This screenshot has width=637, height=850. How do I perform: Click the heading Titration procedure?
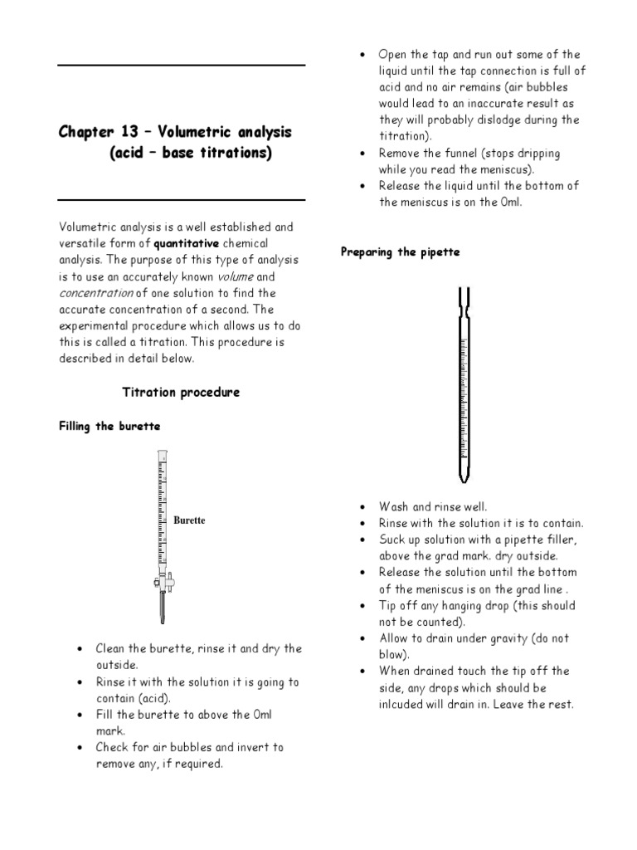pos(181,392)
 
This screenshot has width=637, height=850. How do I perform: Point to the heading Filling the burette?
pos(109,426)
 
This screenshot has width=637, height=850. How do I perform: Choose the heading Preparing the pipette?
pos(401,252)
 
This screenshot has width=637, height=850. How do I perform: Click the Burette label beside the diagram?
pos(189,520)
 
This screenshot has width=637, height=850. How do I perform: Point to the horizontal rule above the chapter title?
pos(181,65)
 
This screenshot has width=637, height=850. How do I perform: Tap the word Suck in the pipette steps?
pos(393,540)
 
